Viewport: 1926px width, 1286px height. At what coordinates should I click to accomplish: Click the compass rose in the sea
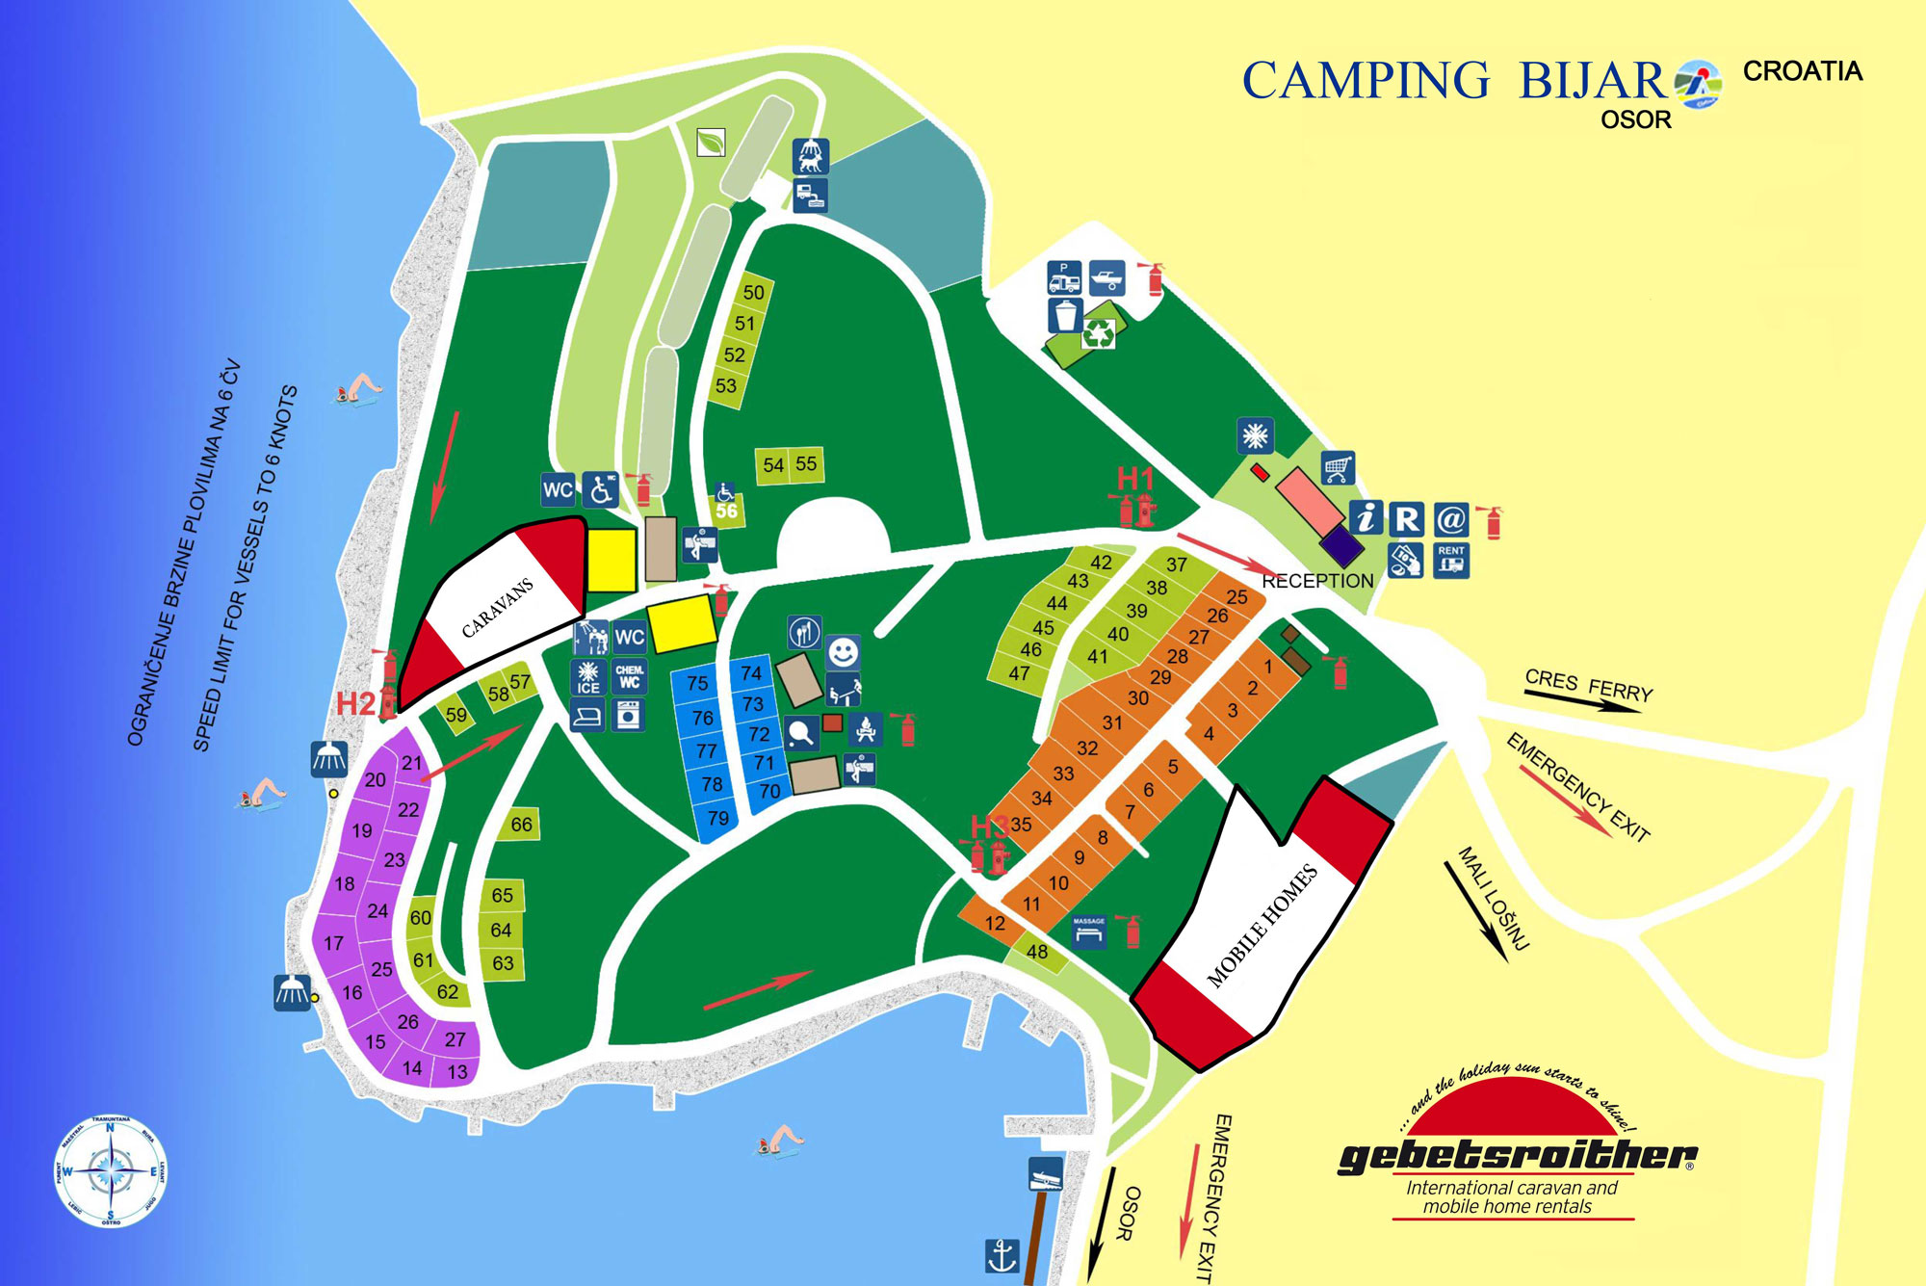[x=111, y=1172]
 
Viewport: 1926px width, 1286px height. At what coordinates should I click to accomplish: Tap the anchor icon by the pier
[x=1002, y=1255]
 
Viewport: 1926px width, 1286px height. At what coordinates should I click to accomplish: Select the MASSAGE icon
[x=1089, y=932]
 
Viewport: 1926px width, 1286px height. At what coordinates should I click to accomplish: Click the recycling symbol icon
[x=1098, y=333]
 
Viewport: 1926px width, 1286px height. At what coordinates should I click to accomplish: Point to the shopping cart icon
[x=1338, y=468]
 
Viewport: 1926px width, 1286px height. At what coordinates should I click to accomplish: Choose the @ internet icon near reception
[x=1450, y=519]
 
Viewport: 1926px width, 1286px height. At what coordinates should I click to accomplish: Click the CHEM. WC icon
[x=629, y=676]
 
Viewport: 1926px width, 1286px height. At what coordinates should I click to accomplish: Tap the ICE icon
[x=588, y=677]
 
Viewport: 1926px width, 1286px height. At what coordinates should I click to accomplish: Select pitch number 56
[x=727, y=511]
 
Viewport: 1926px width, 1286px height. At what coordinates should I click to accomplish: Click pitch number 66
[x=521, y=825]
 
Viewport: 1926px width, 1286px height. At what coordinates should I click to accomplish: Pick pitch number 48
[x=1037, y=952]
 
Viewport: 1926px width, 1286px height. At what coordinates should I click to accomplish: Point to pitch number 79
[x=717, y=819]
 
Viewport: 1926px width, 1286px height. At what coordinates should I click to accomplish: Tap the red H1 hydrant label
[x=1134, y=478]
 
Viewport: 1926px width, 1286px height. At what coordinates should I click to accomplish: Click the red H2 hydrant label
[x=355, y=704]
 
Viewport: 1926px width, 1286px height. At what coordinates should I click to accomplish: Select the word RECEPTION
[x=1317, y=581]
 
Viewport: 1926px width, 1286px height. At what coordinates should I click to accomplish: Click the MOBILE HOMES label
[x=1262, y=926]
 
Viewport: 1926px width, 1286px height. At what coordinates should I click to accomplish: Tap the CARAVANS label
[x=497, y=608]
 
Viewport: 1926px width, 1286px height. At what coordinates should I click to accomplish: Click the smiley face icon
[x=843, y=652]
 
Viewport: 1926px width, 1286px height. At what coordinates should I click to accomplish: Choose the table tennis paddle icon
[x=801, y=733]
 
